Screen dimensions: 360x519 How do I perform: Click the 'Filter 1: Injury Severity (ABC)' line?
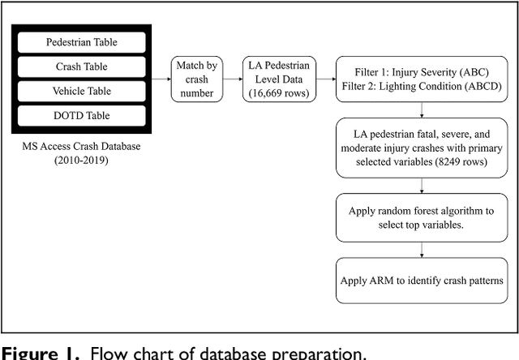coord(422,71)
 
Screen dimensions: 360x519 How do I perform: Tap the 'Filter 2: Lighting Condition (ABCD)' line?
coord(422,87)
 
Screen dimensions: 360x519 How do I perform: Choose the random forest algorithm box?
coord(422,216)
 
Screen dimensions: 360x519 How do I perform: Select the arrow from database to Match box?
coord(160,79)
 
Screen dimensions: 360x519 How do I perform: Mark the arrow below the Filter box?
coord(422,111)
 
